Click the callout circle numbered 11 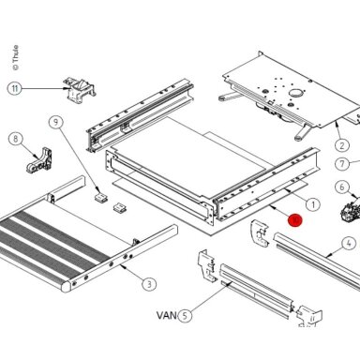[x=15, y=88]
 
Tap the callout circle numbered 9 [x=56, y=122]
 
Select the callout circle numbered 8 [x=16, y=139]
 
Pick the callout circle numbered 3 [x=149, y=284]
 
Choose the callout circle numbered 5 [x=186, y=315]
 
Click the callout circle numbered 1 [x=313, y=204]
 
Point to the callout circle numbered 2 [x=342, y=145]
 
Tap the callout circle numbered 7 [x=342, y=163]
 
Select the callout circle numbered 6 [x=342, y=187]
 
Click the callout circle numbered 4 [x=349, y=244]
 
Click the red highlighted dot [x=295, y=219]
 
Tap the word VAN [x=167, y=315]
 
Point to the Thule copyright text [x=15, y=58]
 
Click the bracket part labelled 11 [x=80, y=90]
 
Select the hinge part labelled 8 [x=39, y=160]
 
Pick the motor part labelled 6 [x=351, y=209]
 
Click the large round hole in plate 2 [x=295, y=93]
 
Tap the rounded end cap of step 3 [x=67, y=287]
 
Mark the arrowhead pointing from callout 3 [x=123, y=267]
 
